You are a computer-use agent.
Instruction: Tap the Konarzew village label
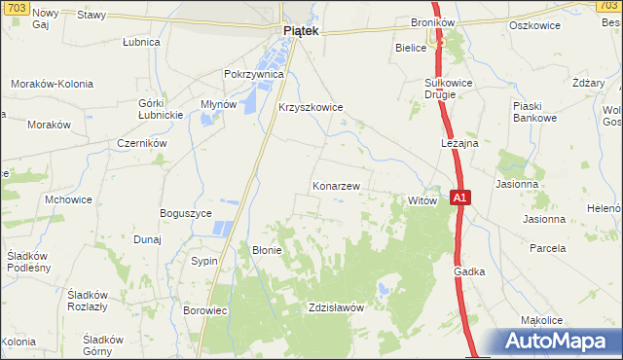(337, 185)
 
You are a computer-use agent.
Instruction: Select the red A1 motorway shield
(461, 198)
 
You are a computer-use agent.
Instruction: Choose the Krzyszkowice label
(311, 108)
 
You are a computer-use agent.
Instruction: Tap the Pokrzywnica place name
(253, 74)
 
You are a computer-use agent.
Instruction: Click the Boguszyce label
(185, 213)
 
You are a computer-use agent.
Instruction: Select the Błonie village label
(267, 250)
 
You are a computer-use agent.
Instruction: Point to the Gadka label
(468, 272)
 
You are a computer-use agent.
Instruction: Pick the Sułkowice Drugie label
(448, 90)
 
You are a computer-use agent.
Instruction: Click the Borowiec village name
(204, 311)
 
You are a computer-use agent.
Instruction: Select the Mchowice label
(68, 199)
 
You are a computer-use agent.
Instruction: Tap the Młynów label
(216, 105)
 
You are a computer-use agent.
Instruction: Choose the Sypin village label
(203, 262)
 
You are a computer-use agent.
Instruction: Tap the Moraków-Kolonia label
(52, 85)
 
